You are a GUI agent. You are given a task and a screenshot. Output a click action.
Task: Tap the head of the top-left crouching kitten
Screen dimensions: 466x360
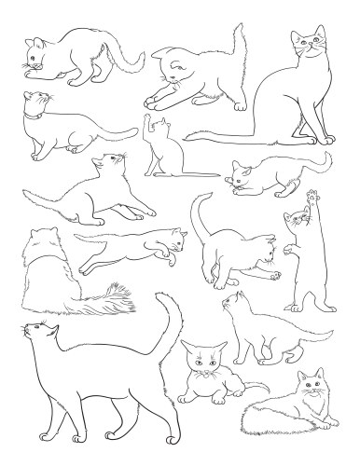(x=37, y=54)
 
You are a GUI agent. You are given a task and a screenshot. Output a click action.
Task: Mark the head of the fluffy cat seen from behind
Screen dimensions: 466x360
(x=42, y=240)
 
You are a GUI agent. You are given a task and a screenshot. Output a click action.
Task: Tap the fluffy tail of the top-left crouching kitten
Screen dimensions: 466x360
(x=126, y=54)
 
